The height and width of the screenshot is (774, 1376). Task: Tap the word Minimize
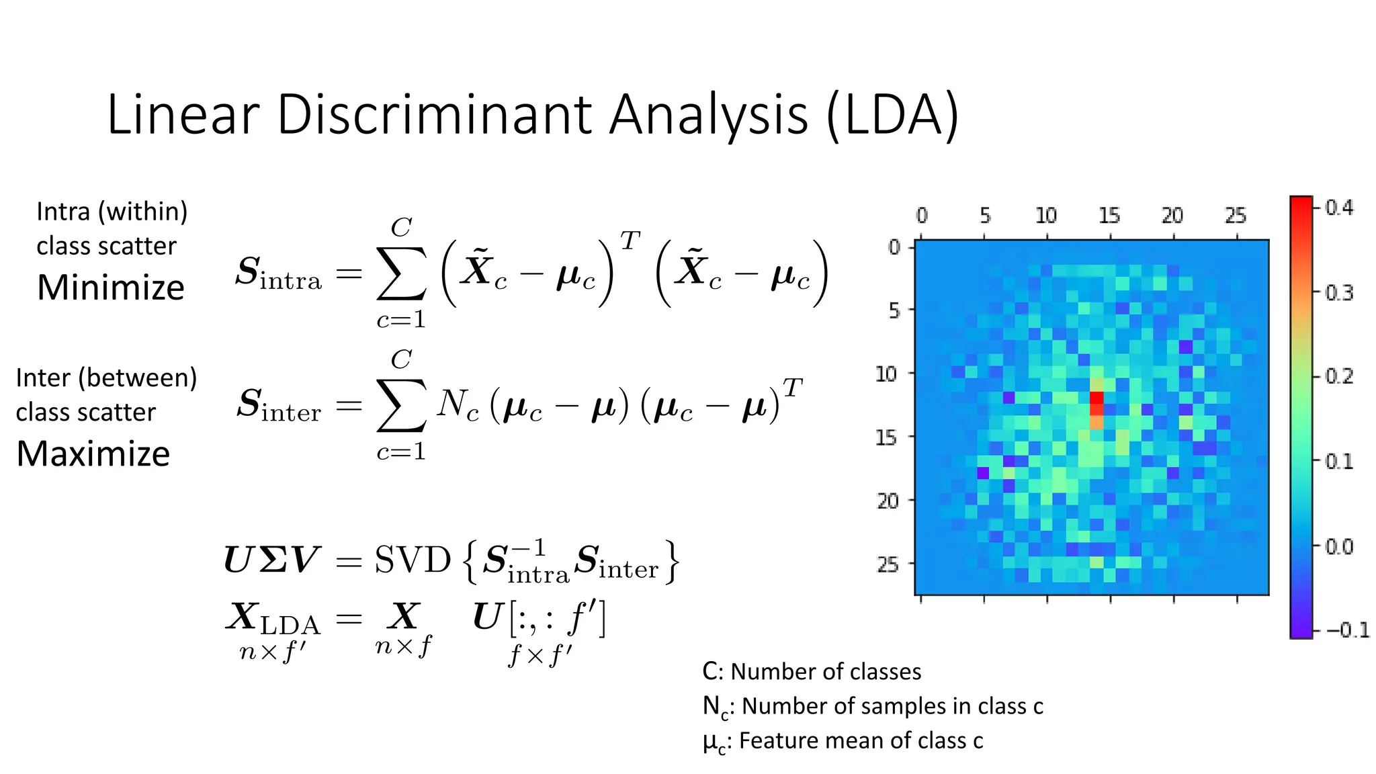(x=111, y=288)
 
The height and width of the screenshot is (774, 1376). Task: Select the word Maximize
(x=93, y=454)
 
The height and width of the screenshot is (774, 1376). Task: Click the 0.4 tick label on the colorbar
(x=1339, y=208)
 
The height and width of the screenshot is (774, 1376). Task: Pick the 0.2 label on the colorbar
(x=1339, y=376)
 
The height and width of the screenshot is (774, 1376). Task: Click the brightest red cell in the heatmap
(x=1096, y=398)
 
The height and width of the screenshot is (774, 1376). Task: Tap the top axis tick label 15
(x=1109, y=216)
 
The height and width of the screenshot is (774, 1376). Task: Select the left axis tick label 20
(x=888, y=501)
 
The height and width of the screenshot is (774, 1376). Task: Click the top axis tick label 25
(x=1236, y=216)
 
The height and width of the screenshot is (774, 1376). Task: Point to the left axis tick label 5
(x=894, y=310)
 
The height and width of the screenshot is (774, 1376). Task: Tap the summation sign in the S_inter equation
(x=401, y=405)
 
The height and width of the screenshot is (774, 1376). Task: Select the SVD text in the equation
(x=412, y=560)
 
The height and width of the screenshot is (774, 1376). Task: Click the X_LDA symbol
(x=273, y=619)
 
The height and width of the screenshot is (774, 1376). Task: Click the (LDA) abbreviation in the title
(x=892, y=116)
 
